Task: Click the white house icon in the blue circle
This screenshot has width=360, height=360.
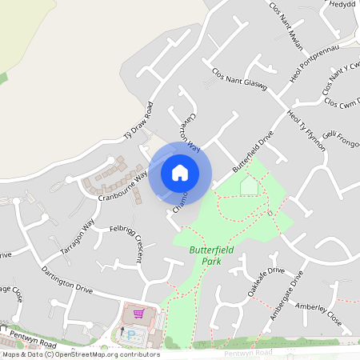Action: click(x=180, y=172)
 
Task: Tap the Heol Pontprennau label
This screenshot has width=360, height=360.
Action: click(x=308, y=73)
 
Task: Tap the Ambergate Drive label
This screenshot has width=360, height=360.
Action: click(x=287, y=296)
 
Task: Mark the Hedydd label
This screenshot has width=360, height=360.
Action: click(x=342, y=4)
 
